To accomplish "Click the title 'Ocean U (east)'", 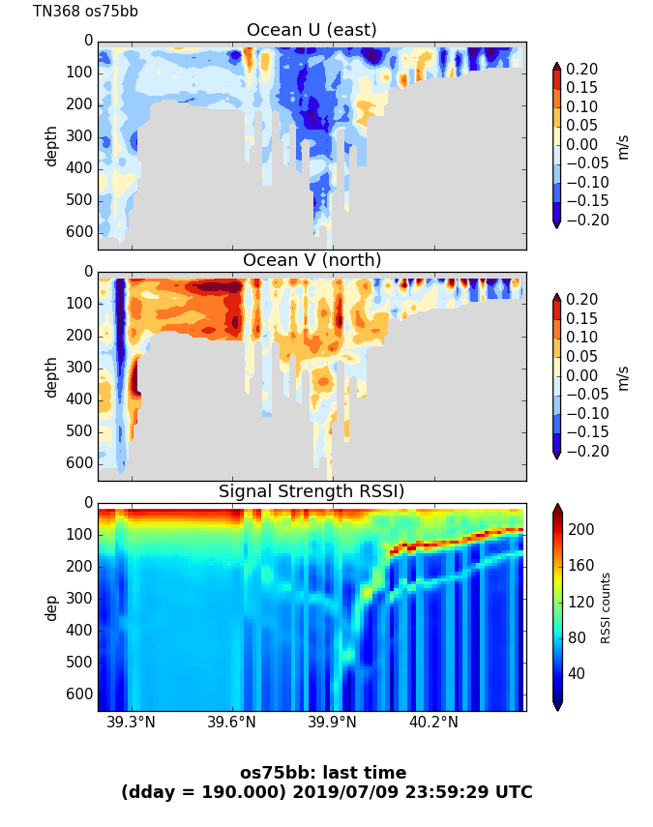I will coord(312,30).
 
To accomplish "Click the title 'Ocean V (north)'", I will coord(312,260).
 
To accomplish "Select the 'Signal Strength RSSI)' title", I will coord(312,491).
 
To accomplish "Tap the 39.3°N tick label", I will coord(131,724).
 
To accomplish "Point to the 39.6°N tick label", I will coord(232,724).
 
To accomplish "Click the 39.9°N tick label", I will coord(333,724).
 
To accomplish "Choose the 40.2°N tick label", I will coord(433,724).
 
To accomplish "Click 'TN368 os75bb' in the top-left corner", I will coord(85,12).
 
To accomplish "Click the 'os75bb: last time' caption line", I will coord(323,773).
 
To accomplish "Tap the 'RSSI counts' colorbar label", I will coord(606,607).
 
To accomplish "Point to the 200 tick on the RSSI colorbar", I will coord(580,529).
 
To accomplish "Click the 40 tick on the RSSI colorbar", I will coord(577,673).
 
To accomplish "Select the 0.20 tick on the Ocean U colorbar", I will coord(581,70).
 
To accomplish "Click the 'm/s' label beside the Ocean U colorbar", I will coord(623,145).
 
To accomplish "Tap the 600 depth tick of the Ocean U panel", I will coord(81,232).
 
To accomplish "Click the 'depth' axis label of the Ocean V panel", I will coord(51,376).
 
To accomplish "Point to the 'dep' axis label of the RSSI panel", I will coord(51,606).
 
